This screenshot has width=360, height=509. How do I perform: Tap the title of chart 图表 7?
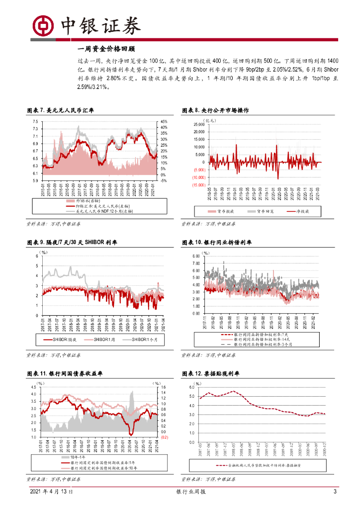60,110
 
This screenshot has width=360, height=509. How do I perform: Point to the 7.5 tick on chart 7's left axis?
35,122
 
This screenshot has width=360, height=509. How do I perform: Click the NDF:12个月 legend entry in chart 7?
104,211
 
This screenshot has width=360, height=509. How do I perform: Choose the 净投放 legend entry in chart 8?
299,211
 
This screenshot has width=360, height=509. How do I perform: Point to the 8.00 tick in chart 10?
196,255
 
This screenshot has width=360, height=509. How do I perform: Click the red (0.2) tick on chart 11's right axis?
165,437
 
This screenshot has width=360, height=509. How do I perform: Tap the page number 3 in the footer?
335,492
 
